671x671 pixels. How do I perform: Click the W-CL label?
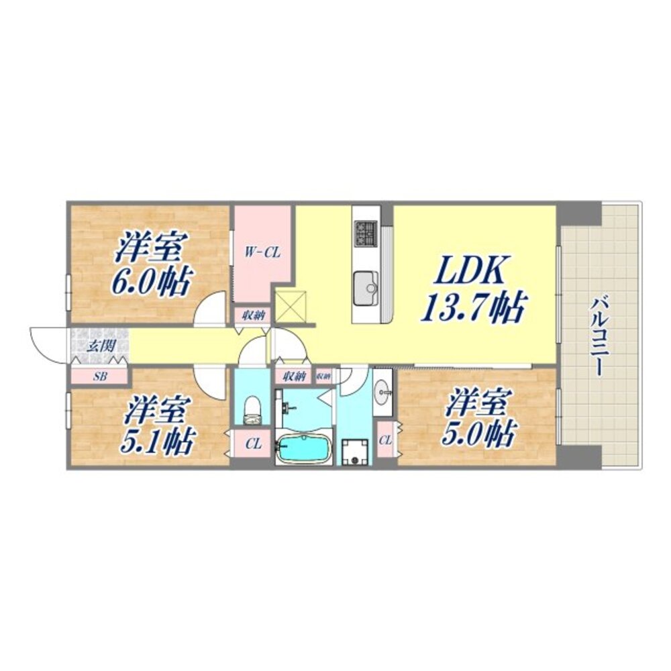click(262, 253)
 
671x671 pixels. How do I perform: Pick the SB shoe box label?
click(99, 376)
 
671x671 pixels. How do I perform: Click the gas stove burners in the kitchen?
click(366, 234)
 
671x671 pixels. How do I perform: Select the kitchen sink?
click(366, 282)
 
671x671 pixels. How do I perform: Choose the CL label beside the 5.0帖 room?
click(385, 440)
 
